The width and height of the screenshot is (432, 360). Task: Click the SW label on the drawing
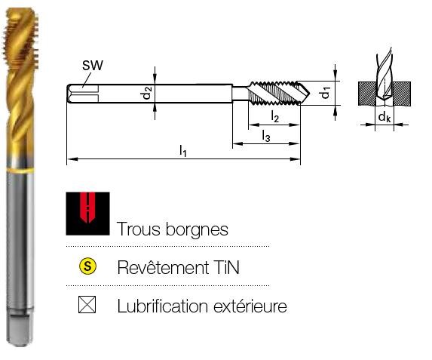(93, 66)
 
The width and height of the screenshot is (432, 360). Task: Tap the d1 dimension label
(326, 92)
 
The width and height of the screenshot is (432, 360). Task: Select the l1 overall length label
(183, 151)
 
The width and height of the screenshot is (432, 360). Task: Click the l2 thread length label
(274, 116)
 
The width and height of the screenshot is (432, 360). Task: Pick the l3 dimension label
(266, 136)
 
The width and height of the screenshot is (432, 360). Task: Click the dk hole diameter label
(385, 117)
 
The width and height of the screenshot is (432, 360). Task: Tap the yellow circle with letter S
(87, 266)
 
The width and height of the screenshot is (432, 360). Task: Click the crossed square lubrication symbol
(87, 305)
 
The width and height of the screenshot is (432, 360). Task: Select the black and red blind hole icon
(87, 214)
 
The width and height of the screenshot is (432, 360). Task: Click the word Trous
(139, 229)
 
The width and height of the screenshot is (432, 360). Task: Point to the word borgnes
(197, 229)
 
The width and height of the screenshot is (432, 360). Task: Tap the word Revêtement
(163, 267)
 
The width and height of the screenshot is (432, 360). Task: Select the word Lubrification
(163, 306)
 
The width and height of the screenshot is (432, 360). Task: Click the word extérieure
(250, 306)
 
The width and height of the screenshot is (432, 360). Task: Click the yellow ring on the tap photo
(20, 171)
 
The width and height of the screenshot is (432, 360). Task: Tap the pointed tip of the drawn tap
(309, 94)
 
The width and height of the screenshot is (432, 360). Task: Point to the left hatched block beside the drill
(367, 94)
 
